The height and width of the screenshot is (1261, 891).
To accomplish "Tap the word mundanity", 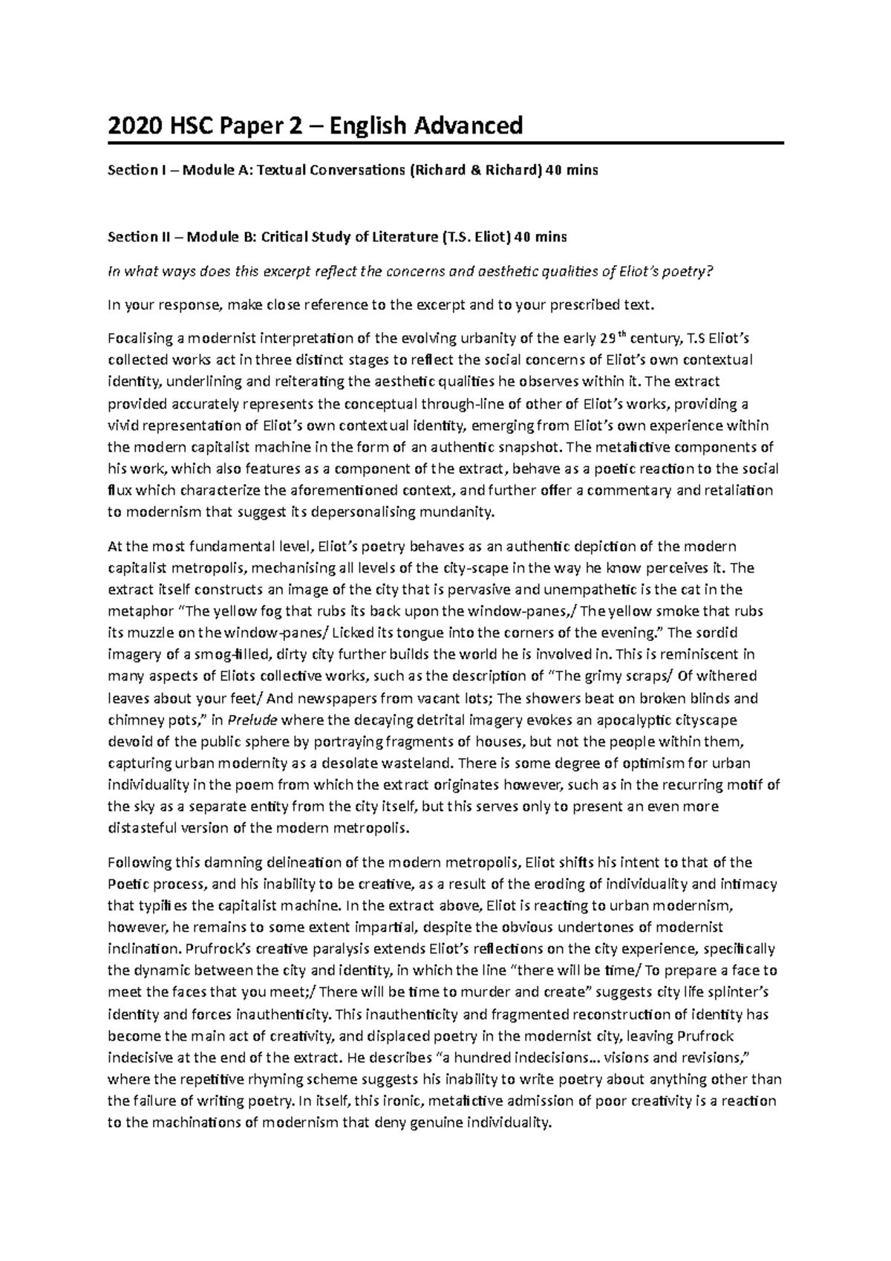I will [x=455, y=512].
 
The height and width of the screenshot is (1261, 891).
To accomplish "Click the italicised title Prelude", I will [x=249, y=720].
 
